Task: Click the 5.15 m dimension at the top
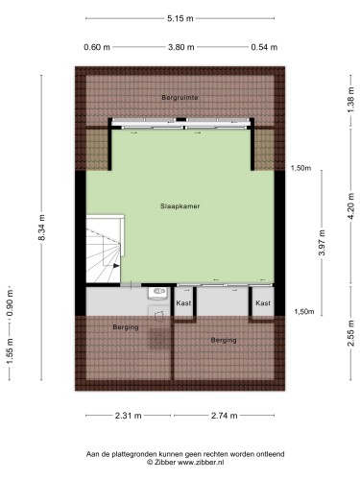tap(180, 18)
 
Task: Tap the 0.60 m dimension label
tap(97, 47)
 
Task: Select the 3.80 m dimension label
tap(181, 47)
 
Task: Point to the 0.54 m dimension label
tap(264, 47)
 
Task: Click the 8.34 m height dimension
tap(42, 227)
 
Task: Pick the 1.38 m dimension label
tap(350, 100)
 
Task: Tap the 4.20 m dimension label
tap(351, 206)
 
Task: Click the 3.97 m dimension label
tap(322, 243)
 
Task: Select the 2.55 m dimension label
tap(351, 333)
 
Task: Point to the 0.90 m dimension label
tap(10, 302)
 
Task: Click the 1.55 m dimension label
tap(10, 351)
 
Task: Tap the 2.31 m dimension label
tap(128, 416)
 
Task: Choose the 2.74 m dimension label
tap(225, 416)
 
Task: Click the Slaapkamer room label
tap(180, 206)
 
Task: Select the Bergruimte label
tap(180, 98)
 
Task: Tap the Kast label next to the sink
tap(183, 302)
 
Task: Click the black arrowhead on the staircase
tap(116, 265)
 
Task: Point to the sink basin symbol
tap(158, 293)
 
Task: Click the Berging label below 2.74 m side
tap(224, 340)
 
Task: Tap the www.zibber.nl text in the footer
tap(201, 462)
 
